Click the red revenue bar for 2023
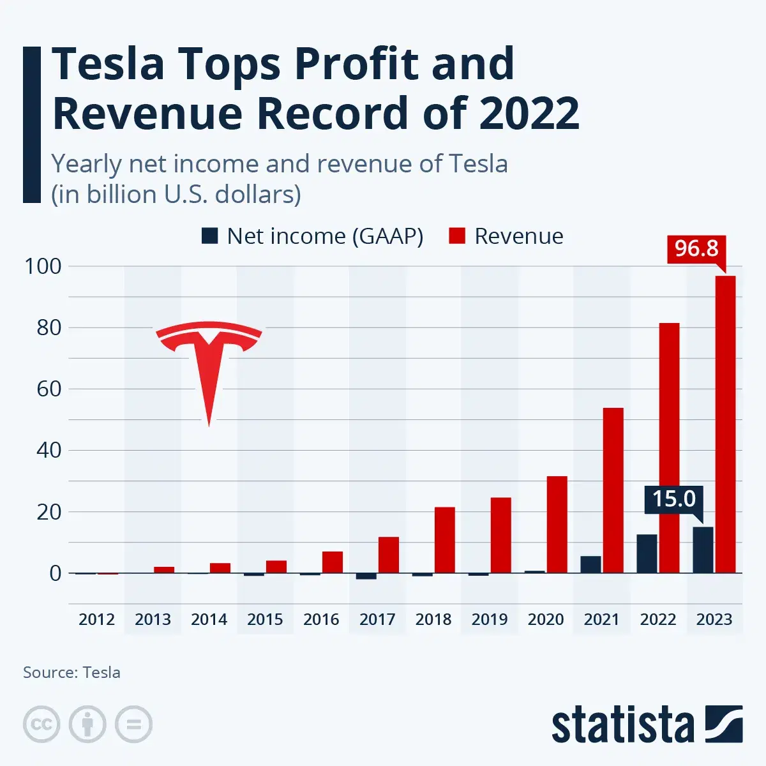725,424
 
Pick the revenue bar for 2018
444,540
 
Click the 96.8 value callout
696,248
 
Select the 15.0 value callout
674,499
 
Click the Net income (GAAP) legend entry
313,236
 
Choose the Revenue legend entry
506,236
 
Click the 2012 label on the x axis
96,619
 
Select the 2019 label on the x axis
490,619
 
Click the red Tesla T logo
209,364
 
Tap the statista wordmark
622,726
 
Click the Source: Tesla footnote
71,672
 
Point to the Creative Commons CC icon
41,724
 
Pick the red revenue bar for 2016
333,562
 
